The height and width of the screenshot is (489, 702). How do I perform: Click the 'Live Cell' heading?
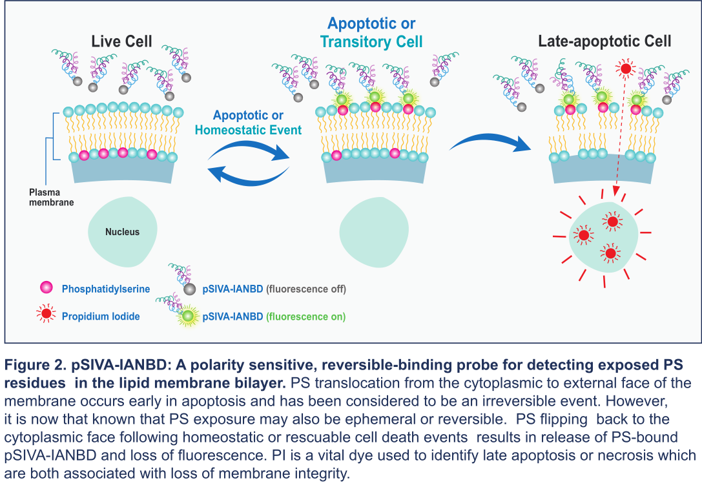click(121, 41)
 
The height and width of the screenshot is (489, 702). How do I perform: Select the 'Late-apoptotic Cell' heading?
click(604, 41)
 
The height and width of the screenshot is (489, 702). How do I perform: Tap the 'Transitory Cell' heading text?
click(371, 41)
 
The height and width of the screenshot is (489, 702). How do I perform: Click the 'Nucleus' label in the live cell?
click(122, 232)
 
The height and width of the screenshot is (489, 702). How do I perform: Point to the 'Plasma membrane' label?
click(51, 197)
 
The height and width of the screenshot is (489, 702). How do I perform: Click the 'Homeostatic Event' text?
click(248, 130)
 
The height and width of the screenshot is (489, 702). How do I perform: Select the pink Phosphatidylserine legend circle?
click(46, 287)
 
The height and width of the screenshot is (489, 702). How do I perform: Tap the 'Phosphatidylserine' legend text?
click(106, 289)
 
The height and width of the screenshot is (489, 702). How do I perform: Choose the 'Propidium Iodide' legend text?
click(101, 316)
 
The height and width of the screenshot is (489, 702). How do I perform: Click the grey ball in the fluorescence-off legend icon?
click(190, 289)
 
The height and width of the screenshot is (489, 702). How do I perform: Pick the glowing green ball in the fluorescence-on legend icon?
click(189, 316)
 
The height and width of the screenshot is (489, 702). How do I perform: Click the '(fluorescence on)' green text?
click(305, 317)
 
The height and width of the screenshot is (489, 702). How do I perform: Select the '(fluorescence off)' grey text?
click(306, 289)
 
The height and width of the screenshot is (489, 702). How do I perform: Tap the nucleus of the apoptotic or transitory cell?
click(374, 232)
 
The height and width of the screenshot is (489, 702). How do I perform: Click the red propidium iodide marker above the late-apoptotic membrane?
click(625, 68)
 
